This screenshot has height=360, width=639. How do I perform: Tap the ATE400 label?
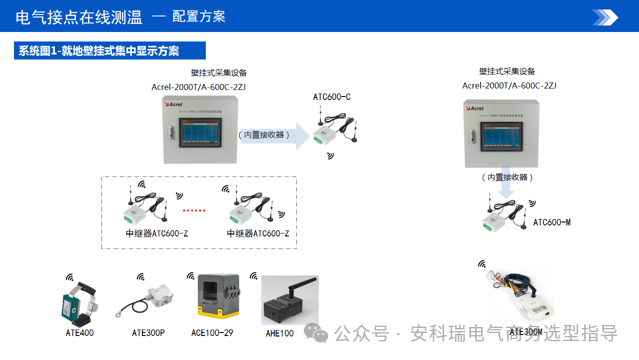coord(79,332)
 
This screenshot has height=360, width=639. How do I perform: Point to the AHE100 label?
coord(280,332)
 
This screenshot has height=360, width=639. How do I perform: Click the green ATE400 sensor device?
coord(80,300)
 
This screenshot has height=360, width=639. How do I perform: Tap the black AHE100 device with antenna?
coord(282,298)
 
